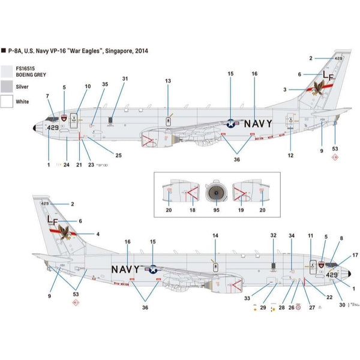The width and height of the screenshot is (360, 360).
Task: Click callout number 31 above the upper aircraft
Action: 125,79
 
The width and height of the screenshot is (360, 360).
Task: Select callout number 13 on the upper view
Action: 168,81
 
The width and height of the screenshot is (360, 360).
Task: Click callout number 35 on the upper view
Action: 105,85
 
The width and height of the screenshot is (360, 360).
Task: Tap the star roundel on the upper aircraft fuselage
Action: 231,124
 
